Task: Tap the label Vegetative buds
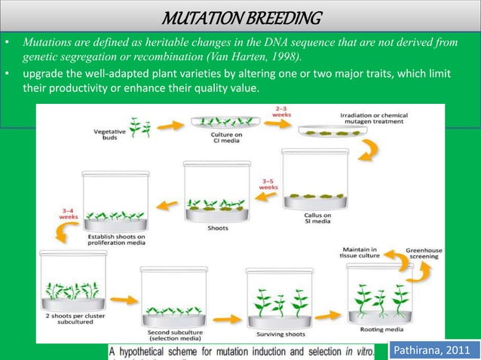[x=109, y=136]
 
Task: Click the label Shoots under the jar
[x=218, y=229]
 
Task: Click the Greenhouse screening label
[x=427, y=254]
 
